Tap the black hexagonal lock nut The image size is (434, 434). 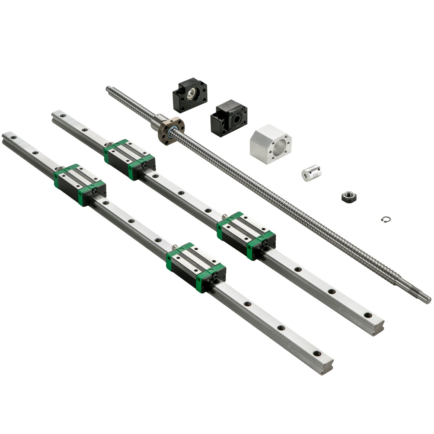[x=347, y=195]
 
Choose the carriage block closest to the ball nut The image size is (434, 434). [x=129, y=159]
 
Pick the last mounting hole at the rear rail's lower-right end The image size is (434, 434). [x=367, y=315]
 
